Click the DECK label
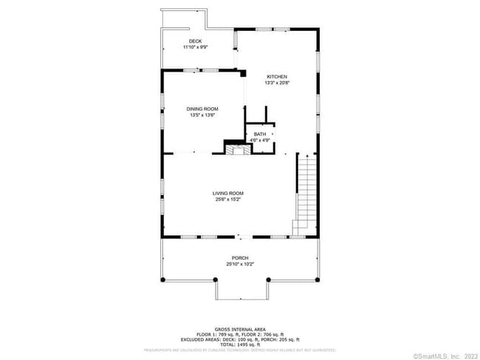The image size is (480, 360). (x=195, y=41)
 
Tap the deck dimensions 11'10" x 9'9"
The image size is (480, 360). (x=195, y=47)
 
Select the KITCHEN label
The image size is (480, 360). (x=276, y=77)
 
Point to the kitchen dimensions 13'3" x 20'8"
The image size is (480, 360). (x=276, y=83)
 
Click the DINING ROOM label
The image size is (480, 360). (x=202, y=109)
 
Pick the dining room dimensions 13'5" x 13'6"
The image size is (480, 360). (x=202, y=115)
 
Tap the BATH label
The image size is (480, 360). (x=260, y=134)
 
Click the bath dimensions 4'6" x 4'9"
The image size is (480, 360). (x=260, y=139)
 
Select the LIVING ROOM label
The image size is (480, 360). (x=228, y=193)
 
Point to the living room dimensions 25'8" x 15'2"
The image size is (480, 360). (x=228, y=199)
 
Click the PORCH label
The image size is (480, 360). (x=239, y=258)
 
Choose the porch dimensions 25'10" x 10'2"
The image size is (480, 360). (x=239, y=264)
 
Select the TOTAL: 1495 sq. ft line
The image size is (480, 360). (x=239, y=345)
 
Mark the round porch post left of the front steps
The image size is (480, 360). (x=216, y=280)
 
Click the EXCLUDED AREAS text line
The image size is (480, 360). (x=239, y=339)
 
